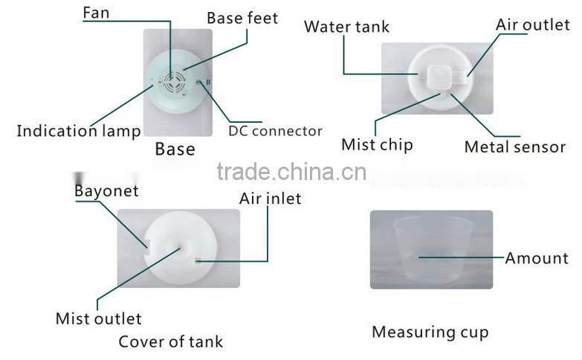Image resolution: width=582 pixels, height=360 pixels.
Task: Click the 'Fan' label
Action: (x=96, y=13)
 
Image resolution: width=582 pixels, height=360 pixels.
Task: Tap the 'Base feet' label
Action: (x=242, y=18)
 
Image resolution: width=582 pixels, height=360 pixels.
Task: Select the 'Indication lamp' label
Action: (x=79, y=132)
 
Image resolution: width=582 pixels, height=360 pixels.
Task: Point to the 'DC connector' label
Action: (x=275, y=132)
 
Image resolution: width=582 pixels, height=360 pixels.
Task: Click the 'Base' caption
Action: (x=175, y=149)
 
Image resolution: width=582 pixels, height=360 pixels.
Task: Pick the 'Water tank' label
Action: (x=346, y=28)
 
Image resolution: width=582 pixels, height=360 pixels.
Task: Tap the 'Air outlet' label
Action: (x=533, y=25)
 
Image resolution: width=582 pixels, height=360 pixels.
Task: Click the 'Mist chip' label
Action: (x=377, y=144)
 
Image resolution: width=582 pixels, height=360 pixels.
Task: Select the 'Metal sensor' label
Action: (x=514, y=147)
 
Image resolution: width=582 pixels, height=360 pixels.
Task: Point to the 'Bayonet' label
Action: (x=106, y=191)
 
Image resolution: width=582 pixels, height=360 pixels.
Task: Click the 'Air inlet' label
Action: (x=270, y=199)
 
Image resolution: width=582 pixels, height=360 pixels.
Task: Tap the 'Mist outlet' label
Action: (x=98, y=319)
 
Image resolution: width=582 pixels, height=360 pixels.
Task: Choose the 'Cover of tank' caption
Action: (x=170, y=342)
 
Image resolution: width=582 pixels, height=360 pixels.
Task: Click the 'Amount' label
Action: (x=536, y=259)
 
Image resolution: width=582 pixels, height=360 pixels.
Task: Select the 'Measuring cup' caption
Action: (x=430, y=332)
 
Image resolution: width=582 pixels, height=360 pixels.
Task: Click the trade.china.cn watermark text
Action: (x=291, y=173)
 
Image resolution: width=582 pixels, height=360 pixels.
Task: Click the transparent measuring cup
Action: (x=431, y=249)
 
